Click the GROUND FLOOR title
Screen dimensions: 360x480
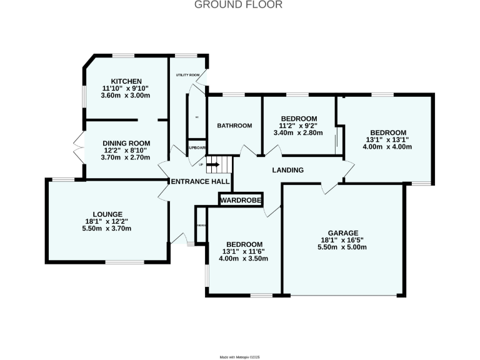click(238, 5)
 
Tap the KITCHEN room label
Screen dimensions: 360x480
click(126, 81)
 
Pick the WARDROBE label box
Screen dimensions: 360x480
click(240, 200)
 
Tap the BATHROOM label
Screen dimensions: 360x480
click(234, 126)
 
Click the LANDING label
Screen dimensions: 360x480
click(287, 170)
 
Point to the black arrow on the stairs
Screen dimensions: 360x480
click(212, 166)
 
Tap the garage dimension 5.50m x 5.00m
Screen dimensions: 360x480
click(343, 247)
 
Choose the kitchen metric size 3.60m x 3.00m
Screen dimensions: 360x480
click(126, 96)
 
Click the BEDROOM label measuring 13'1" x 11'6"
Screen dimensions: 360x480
click(244, 244)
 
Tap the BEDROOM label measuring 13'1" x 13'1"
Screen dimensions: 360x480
click(388, 132)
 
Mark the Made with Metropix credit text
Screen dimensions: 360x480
click(239, 356)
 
